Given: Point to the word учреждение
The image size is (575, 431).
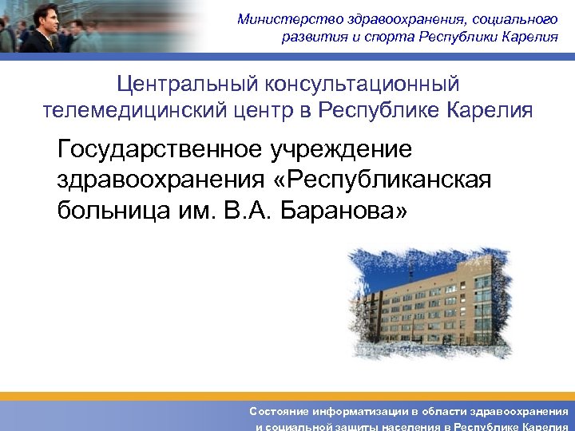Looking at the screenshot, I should [341, 148].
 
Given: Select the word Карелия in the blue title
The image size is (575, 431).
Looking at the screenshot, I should [493, 109].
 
